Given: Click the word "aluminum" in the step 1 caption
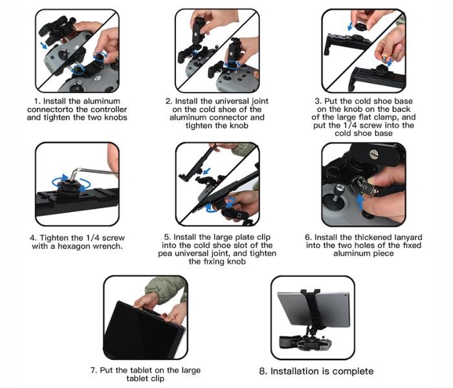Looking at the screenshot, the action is (102, 102).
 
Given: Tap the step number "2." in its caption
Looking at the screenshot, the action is (169, 102).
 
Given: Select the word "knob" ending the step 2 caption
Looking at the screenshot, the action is (238, 125).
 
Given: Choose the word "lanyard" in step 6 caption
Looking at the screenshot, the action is (408, 237).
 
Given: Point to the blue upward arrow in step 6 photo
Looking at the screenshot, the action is (360, 202).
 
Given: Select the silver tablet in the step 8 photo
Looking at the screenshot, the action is (313, 309).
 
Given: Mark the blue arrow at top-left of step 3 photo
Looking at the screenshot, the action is (350, 27).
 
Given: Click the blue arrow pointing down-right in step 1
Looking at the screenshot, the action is (43, 45).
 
